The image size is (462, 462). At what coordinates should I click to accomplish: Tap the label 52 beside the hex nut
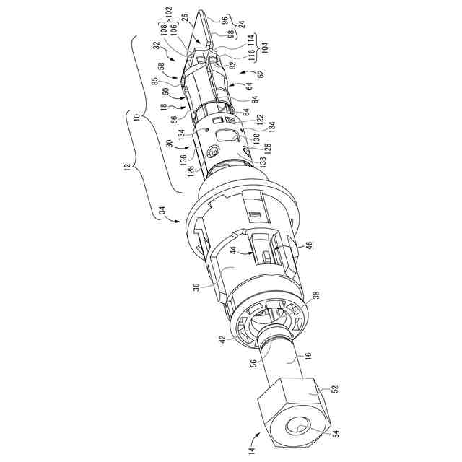[335, 388]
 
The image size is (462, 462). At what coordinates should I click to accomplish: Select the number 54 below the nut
[336, 434]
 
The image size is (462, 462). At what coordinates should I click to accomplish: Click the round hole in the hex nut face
[297, 425]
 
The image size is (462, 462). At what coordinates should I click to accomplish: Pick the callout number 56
[253, 362]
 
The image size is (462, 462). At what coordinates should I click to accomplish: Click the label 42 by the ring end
[223, 339]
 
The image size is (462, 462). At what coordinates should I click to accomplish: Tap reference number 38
[316, 295]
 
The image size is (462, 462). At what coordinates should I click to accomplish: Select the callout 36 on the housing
[196, 287]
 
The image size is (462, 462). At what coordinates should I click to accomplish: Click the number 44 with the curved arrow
[232, 250]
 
